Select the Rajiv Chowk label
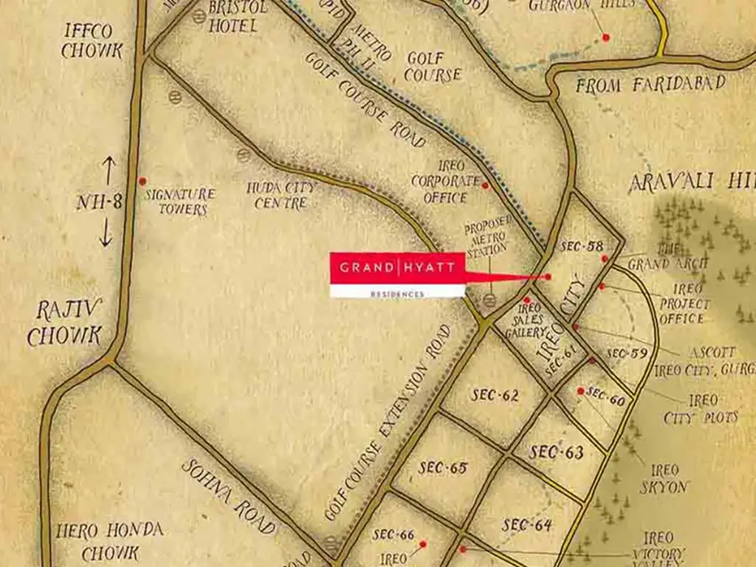(x=65, y=323)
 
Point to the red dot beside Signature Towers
(x=142, y=181)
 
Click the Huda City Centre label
(x=281, y=195)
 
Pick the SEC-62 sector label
(x=495, y=395)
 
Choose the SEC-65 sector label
(x=443, y=467)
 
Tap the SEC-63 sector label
(x=557, y=452)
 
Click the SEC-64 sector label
(x=527, y=525)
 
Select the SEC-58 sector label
(x=583, y=247)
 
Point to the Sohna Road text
(x=229, y=497)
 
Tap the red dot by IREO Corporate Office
(x=485, y=185)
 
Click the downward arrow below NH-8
(x=106, y=234)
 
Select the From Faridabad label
(x=650, y=85)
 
